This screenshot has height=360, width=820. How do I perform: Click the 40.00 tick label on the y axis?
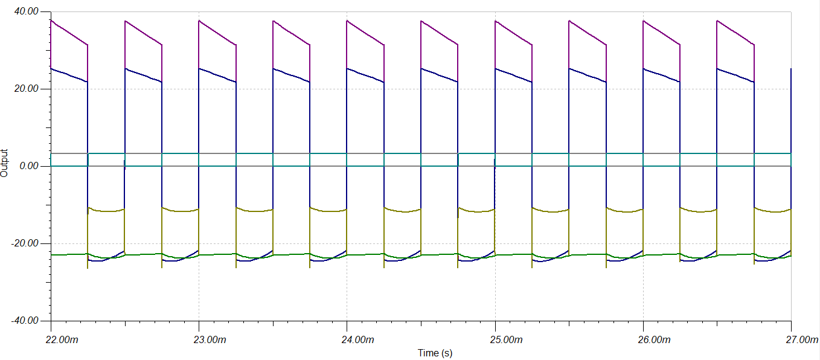point(25,11)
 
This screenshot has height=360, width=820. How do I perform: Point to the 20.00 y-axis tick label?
point(25,89)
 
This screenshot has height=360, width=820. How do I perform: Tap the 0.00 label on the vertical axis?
point(29,166)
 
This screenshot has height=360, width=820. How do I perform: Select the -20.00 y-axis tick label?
point(24,243)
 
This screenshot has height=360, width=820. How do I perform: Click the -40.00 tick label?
point(24,321)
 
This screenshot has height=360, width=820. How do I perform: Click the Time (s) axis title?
point(435,353)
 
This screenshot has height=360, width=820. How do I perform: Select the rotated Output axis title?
point(5,162)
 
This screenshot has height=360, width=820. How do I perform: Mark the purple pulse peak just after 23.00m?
point(199,21)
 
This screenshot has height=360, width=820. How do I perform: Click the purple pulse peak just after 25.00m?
point(496,21)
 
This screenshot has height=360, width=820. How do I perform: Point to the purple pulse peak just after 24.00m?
point(347,21)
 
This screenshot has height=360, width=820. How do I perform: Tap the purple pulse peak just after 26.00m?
point(644,21)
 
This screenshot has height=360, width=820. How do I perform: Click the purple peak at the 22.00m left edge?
point(51,21)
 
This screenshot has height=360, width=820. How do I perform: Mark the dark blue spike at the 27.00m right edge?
point(790,69)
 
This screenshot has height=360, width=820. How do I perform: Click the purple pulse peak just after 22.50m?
point(125,21)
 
